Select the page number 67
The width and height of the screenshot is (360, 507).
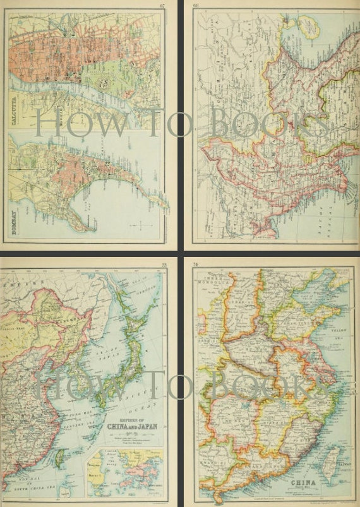(x=162, y=6)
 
